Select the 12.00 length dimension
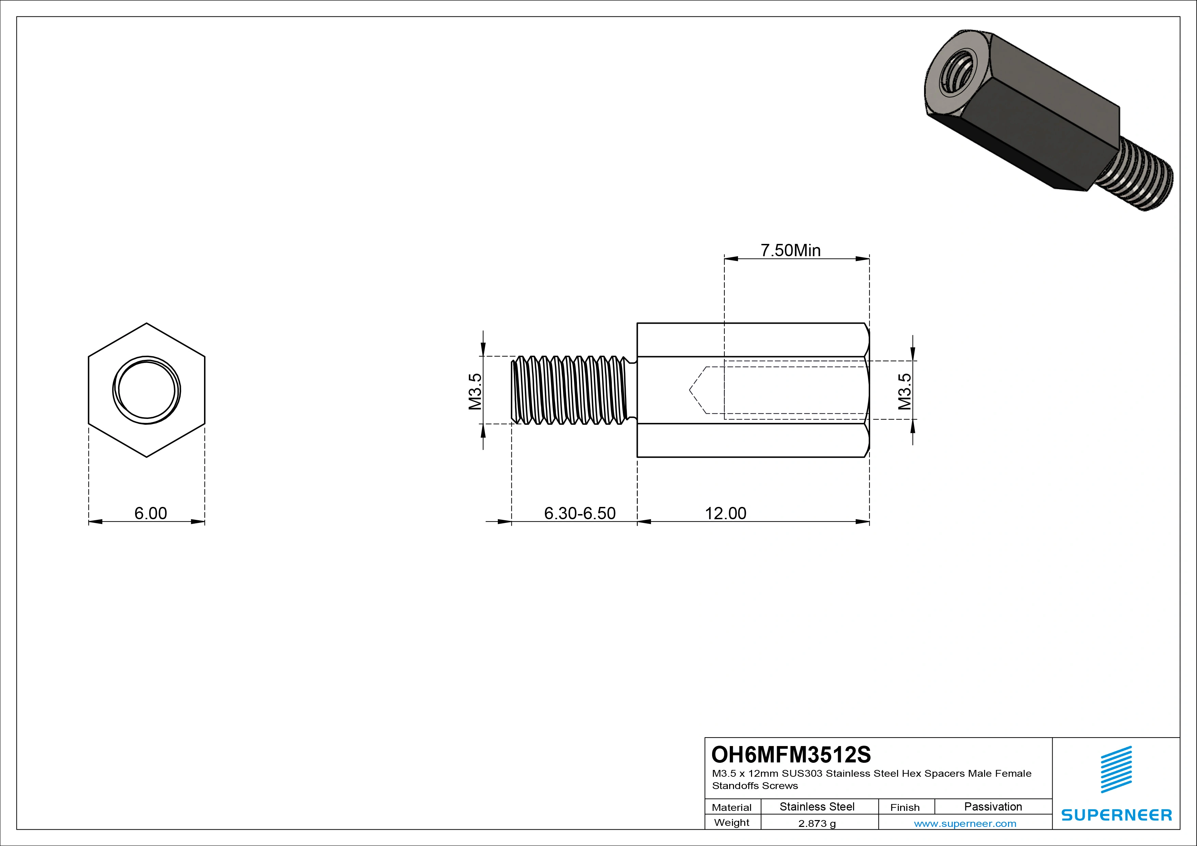click(x=725, y=513)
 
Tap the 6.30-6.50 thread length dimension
click(x=580, y=513)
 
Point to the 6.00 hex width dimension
click(x=151, y=513)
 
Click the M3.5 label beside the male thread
click(x=475, y=391)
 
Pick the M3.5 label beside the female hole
click(x=905, y=391)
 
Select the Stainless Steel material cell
click(x=817, y=806)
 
